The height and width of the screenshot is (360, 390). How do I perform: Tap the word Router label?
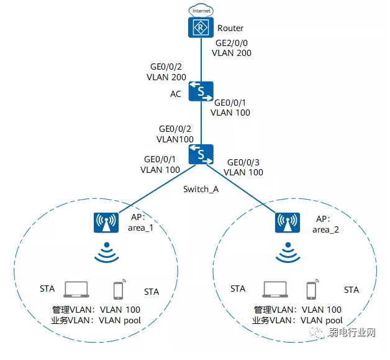230,28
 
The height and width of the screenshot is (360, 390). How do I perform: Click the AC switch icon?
201,92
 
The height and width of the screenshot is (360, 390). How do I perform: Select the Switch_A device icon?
201,154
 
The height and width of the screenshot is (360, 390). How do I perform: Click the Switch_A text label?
201,189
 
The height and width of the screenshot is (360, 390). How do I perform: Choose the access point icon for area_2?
286,222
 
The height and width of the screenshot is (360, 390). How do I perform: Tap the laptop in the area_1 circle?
76,289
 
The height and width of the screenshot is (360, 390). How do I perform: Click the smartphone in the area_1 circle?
119,290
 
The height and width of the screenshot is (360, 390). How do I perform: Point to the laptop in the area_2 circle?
275,289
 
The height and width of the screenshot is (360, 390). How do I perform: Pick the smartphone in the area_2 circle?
312,290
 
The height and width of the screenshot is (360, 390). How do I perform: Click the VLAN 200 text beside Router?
232,54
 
